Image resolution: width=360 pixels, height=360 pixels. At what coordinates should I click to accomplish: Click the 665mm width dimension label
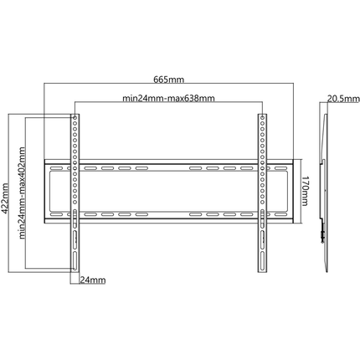[x=169, y=80]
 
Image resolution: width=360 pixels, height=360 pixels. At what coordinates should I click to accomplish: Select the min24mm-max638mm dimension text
[x=168, y=98]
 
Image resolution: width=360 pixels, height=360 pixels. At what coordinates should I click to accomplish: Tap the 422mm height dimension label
[x=6, y=198]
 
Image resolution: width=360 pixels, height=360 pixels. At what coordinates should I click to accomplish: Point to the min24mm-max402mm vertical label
[x=22, y=193]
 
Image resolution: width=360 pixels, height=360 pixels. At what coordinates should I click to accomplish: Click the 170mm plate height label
[x=305, y=191]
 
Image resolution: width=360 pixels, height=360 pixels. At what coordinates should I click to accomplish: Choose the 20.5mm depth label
[x=343, y=99]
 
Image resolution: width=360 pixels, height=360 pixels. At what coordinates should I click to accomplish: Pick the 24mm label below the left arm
[x=93, y=280]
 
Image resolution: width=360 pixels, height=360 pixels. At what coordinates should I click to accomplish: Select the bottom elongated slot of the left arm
[x=75, y=260]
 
